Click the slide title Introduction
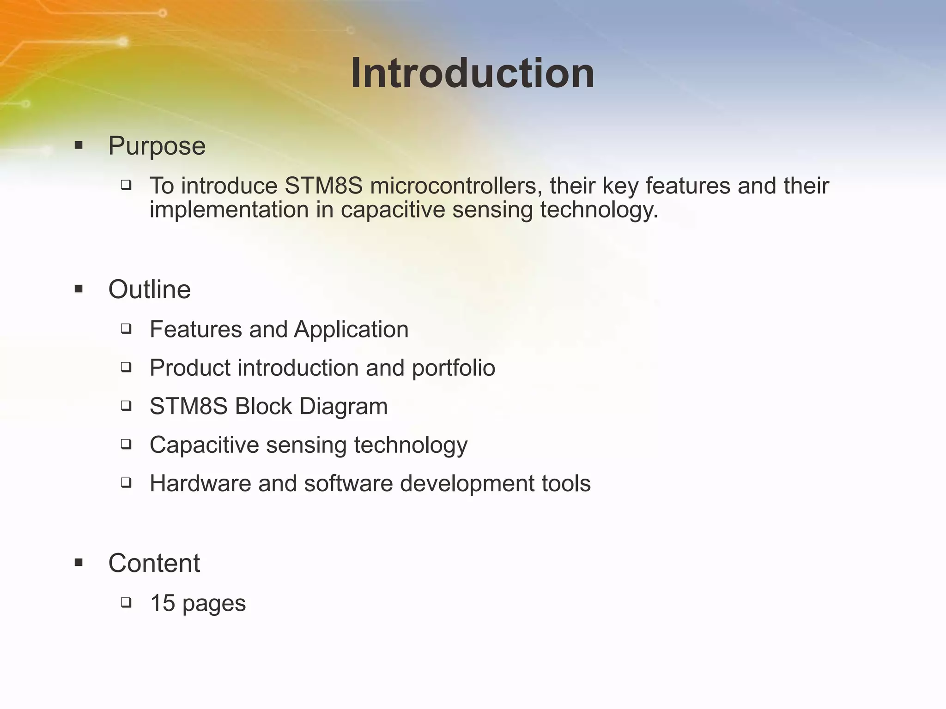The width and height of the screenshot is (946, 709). tap(473, 73)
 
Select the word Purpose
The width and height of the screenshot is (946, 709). tap(157, 146)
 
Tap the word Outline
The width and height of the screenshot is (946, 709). tap(149, 290)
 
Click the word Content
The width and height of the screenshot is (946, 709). tap(154, 563)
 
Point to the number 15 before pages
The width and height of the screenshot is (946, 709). tap(163, 603)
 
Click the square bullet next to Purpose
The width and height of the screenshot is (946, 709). tap(79, 146)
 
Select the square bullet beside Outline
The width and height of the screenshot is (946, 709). tap(79, 289)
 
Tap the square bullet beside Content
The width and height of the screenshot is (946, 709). tap(79, 563)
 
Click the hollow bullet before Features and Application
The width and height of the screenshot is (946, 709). tap(126, 329)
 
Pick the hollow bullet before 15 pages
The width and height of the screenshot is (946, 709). tap(126, 602)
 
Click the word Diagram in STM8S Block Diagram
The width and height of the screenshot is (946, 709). tap(343, 407)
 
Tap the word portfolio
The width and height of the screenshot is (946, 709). tap(453, 368)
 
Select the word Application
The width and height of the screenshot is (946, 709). tap(351, 330)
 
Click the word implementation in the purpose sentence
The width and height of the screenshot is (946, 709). tap(229, 210)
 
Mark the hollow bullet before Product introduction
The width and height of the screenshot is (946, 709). tap(126, 367)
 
